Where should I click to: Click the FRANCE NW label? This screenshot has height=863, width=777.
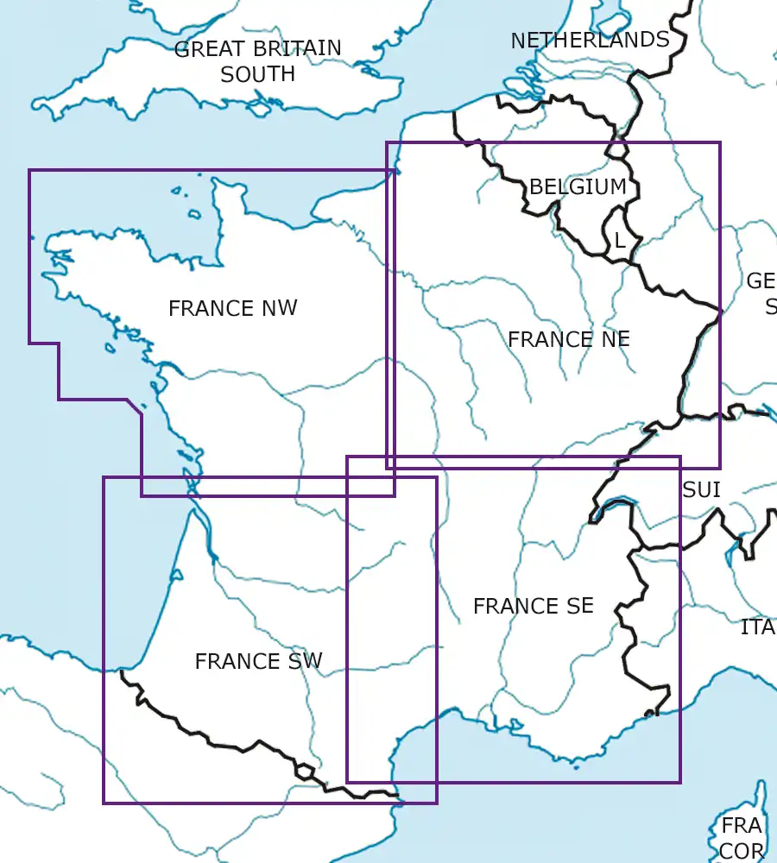click(x=232, y=308)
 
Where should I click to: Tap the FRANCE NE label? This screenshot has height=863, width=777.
click(x=568, y=339)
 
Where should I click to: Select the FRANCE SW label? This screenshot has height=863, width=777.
click(x=258, y=661)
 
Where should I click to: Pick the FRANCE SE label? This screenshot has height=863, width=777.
click(x=533, y=607)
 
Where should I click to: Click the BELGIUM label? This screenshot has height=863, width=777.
click(x=578, y=186)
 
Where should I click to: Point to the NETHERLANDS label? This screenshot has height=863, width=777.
click(x=590, y=40)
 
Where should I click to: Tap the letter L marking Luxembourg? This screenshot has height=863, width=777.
click(x=619, y=241)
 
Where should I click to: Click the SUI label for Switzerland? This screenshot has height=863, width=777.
click(x=701, y=490)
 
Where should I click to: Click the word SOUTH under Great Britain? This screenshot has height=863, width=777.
click(x=257, y=74)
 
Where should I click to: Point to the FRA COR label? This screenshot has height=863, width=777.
click(x=743, y=838)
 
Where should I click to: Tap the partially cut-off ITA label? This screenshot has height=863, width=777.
click(x=758, y=627)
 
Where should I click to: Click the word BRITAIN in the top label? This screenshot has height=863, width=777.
click(x=298, y=48)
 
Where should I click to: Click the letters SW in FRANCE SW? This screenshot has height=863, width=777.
click(x=305, y=661)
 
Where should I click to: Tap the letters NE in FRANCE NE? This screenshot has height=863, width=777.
click(x=615, y=339)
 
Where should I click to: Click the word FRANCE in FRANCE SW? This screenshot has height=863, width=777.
click(x=234, y=661)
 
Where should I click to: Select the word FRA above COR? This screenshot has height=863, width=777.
click(x=742, y=826)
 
